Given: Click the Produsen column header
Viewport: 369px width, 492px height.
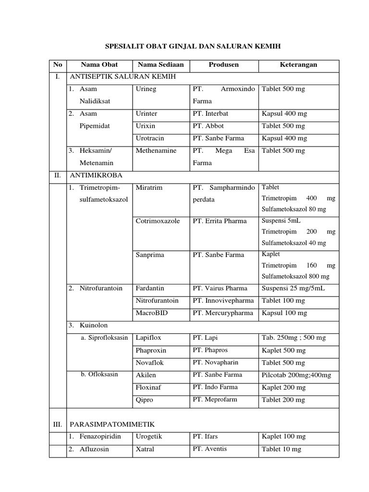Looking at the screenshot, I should click(x=223, y=64).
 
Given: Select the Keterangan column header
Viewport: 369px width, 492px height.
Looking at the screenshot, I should click(x=298, y=64).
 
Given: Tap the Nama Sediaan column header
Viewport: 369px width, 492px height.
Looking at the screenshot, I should click(x=160, y=64).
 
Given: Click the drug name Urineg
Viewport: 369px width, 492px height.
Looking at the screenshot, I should click(x=146, y=89).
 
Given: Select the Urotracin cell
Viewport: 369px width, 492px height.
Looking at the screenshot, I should click(x=150, y=138).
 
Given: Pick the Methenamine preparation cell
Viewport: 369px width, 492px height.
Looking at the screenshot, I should click(x=156, y=150).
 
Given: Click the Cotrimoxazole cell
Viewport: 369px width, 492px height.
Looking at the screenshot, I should click(x=158, y=221).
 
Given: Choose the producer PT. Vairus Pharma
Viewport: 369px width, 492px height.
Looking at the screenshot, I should click(x=220, y=288).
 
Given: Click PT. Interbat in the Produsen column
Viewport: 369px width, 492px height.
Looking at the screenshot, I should click(x=210, y=113).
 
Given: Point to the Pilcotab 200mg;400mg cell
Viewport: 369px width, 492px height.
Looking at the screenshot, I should click(x=296, y=375).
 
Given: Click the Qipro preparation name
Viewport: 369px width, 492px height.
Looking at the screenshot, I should click(x=145, y=399).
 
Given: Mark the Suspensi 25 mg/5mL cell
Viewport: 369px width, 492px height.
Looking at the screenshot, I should click(x=293, y=288).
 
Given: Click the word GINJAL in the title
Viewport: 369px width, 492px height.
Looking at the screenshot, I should click(x=175, y=46).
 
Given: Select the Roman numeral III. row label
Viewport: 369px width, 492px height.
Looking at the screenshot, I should click(x=58, y=424).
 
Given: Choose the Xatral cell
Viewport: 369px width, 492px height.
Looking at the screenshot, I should click(x=145, y=449).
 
